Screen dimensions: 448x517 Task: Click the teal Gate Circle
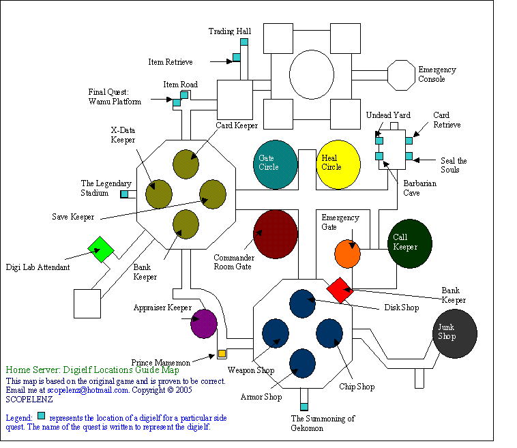[x=276, y=164]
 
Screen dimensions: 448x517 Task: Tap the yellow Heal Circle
[x=339, y=164]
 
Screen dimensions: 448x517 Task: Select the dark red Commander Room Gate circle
[x=275, y=234]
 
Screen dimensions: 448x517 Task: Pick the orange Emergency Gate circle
[x=347, y=254]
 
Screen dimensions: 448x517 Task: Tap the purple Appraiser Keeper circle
[x=204, y=323]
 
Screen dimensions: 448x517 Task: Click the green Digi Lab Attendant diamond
[x=100, y=250]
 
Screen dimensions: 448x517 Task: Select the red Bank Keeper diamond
[x=339, y=290]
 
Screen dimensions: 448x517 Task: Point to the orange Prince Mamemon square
[x=222, y=353]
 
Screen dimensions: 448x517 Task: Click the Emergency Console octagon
[x=400, y=74]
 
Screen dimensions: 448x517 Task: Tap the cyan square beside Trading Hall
[x=243, y=42]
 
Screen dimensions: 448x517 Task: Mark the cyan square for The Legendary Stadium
[x=124, y=194]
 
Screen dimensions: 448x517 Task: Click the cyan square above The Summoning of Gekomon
[x=304, y=406]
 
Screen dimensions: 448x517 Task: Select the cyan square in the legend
[x=42, y=415]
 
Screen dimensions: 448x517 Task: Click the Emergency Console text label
[x=437, y=74]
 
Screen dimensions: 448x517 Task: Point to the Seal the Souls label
[x=454, y=165]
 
